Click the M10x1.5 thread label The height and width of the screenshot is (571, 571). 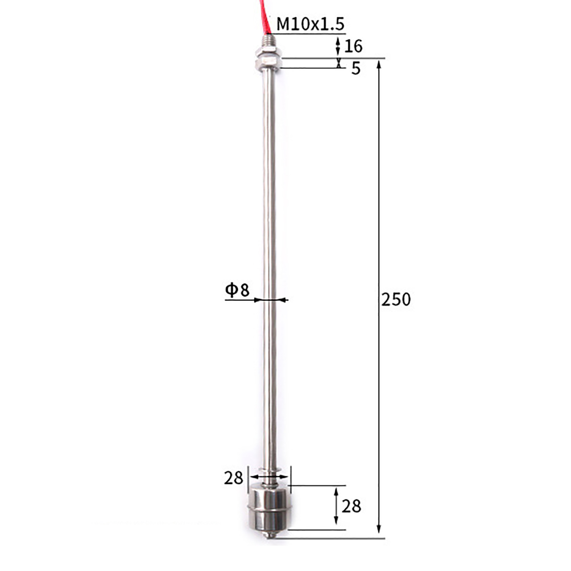310,24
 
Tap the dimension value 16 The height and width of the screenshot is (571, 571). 353,46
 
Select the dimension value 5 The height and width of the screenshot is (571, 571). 356,68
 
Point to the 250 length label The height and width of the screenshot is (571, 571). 396,299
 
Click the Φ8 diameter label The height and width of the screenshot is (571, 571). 237,290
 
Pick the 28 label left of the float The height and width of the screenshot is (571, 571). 233,478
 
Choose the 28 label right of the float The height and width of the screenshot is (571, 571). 351,506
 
